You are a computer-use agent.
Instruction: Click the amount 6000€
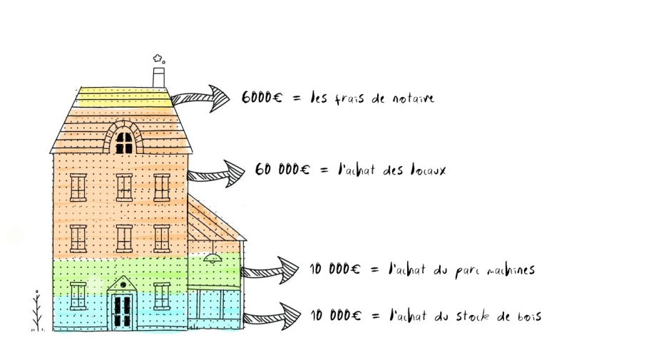tap(262, 98)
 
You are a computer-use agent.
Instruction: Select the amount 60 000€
tap(282, 170)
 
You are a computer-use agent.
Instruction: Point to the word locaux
tap(427, 170)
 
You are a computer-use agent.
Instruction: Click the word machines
tap(511, 270)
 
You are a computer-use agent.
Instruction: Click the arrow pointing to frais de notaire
tap(200, 99)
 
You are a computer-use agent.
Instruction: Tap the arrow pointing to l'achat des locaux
tap(216, 174)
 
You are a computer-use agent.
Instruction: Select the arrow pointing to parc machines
tap(270, 270)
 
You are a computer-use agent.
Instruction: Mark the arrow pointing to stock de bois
tap(272, 317)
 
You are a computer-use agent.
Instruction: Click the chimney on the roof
tap(159, 78)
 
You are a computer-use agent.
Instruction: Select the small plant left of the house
tap(37, 311)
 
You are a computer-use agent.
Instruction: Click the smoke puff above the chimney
tap(158, 58)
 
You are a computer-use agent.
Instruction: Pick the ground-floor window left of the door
tap(78, 297)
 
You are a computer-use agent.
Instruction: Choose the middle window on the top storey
tap(124, 187)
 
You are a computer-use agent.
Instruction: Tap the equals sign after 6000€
tap(297, 99)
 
